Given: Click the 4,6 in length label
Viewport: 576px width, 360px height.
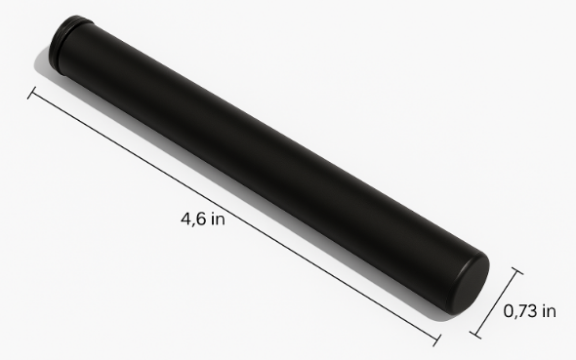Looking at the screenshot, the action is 203,220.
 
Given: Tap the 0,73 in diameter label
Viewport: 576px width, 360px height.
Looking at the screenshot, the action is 529,311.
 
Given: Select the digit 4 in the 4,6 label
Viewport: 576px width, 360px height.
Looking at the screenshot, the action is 186,219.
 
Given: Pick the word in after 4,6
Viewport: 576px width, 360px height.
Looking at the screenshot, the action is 219,219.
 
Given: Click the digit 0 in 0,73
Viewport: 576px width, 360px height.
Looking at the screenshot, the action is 509,311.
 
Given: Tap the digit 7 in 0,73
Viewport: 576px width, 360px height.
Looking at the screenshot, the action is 522,311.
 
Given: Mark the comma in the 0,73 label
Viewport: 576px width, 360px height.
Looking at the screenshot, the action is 515,316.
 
